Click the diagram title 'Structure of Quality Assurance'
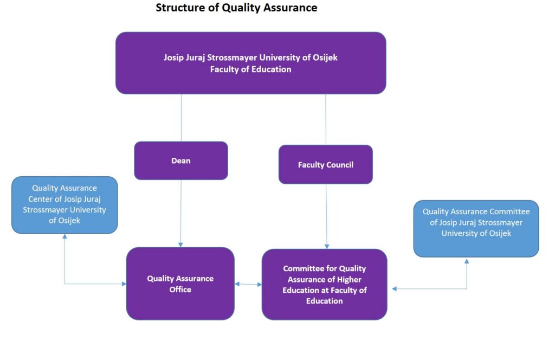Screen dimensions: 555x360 236,8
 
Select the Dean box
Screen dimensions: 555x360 181,160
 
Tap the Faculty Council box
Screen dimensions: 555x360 326,165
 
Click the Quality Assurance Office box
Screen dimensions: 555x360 180,284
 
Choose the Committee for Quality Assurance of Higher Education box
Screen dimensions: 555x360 325,285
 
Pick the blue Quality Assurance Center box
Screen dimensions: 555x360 64,205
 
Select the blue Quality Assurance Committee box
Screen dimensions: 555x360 476,229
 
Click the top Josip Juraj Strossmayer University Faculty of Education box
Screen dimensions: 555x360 250,63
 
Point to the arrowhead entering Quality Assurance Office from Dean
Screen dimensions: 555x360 180,245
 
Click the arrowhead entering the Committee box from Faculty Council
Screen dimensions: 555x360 327,246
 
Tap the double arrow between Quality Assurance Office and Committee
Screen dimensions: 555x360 248,284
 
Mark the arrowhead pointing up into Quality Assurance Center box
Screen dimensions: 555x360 65,236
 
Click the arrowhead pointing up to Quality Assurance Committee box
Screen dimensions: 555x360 467,261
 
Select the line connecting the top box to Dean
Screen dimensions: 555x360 181,118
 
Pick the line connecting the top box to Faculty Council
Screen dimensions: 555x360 326,120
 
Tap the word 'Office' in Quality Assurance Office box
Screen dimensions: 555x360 180,290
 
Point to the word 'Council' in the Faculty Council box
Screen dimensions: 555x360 340,165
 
